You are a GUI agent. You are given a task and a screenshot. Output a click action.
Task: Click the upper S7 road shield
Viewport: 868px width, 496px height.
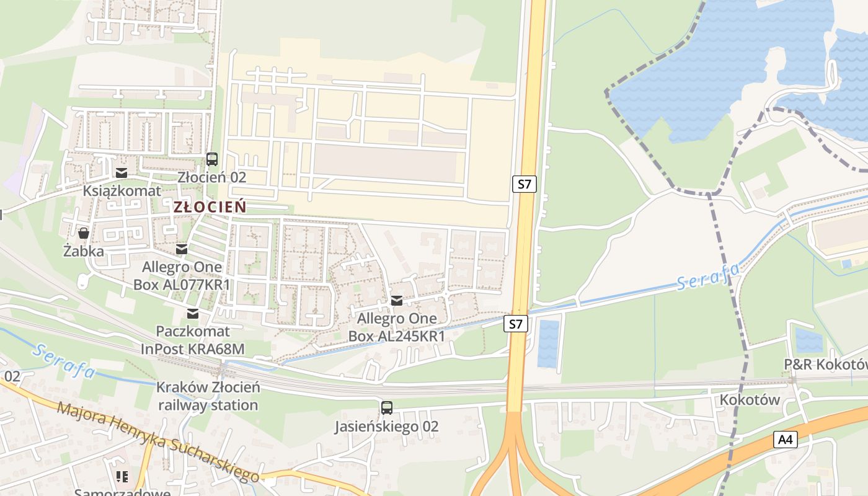[524, 184]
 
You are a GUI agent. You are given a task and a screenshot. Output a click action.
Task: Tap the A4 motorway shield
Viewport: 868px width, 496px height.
[785, 440]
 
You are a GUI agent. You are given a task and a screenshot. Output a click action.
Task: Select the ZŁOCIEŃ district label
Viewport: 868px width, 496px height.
[210, 207]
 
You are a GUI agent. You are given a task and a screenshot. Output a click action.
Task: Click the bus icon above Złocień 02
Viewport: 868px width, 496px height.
[212, 159]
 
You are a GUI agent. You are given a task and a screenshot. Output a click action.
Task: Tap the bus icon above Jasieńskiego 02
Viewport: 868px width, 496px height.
[387, 407]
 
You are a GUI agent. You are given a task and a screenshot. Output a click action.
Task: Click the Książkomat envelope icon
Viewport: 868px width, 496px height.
[122, 173]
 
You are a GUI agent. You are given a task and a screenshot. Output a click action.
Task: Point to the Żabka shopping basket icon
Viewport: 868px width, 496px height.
[84, 233]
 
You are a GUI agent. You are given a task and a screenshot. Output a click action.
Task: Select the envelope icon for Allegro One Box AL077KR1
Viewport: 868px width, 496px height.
[181, 249]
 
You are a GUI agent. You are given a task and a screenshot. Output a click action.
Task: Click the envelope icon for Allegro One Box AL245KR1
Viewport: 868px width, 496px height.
[397, 301]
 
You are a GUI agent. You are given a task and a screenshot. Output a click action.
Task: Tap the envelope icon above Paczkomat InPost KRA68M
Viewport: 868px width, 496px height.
[193, 313]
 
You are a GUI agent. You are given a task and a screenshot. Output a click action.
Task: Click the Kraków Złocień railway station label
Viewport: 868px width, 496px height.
[207, 396]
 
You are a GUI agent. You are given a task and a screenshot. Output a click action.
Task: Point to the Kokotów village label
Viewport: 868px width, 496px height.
[750, 400]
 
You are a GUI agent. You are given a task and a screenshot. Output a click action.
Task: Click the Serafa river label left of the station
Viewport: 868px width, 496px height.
[64, 361]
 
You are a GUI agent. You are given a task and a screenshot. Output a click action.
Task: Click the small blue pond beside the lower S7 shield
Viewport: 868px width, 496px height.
[548, 343]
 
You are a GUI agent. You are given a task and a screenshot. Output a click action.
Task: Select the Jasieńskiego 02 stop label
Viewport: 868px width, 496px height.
[386, 427]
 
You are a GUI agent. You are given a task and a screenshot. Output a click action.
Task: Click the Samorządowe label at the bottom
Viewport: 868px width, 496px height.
[122, 492]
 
